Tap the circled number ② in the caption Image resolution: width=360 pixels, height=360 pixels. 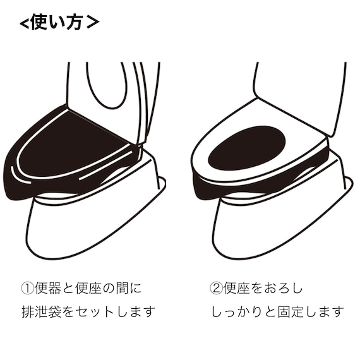[x=215, y=289]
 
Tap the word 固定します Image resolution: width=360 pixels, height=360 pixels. [x=313, y=311]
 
